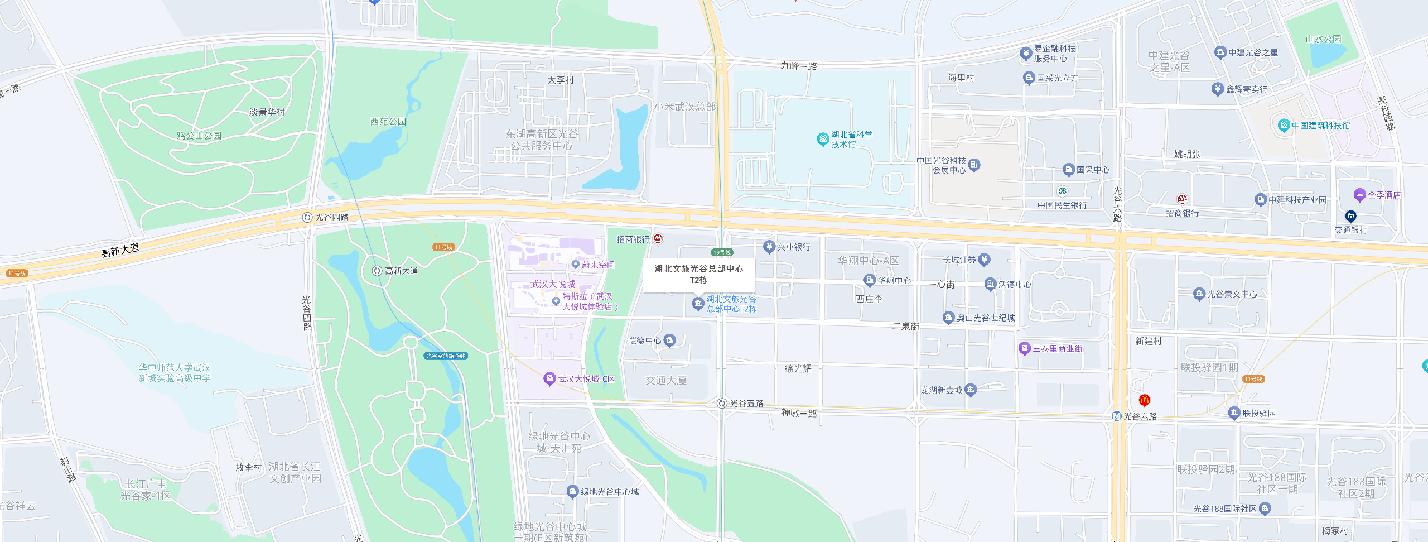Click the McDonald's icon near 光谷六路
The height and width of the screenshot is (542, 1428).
pos(1144,400)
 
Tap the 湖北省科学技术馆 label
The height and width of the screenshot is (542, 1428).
pos(851,140)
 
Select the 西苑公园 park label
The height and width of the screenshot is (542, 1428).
pos(388,121)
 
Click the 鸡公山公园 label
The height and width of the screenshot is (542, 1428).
pos(199,136)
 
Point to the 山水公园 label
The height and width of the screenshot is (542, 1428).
pos(1323,39)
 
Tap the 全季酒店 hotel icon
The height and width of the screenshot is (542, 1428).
pos(1359,195)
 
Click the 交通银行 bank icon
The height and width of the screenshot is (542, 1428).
pos(1350,216)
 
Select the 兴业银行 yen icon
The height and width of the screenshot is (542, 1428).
pos(769,247)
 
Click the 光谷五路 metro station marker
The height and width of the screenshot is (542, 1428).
pos(722,403)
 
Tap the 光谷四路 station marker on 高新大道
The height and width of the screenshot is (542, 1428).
pos(307,217)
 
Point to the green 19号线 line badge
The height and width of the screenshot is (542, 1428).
pos(722,252)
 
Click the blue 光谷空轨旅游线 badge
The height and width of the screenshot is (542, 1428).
pos(446,356)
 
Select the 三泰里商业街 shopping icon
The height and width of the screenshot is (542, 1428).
pos(1024,348)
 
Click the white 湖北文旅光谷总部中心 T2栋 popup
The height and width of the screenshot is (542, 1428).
pos(698,274)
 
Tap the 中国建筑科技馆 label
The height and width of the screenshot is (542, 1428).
pos(1320,126)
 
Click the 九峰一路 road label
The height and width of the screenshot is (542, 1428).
pos(799,66)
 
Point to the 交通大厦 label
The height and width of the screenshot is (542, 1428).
pos(665,380)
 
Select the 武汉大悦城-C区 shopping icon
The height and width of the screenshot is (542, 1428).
pos(549,379)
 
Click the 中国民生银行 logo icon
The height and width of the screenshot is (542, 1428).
pos(1062,191)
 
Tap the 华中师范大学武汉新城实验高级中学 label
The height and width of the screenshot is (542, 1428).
pos(175,373)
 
